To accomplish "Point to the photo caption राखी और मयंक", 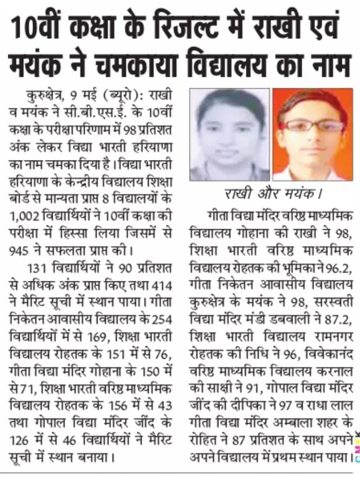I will coord(272,195).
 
